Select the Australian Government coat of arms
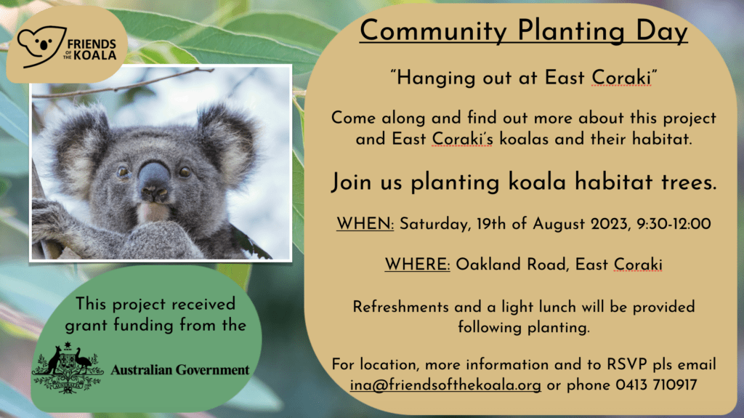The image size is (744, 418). pos(68,368)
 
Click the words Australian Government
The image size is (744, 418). pos(180,369)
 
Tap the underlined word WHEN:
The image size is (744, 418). pos(365,223)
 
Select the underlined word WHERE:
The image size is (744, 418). pos(417,264)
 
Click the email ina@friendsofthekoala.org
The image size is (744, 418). pos(445,385)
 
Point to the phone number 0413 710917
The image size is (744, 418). pos(656,385)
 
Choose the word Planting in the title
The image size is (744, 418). pos(571,32)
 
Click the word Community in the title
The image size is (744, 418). pos(433,32)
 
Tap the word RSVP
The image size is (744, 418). pos(627,364)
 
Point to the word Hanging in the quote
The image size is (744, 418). pos(436,78)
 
